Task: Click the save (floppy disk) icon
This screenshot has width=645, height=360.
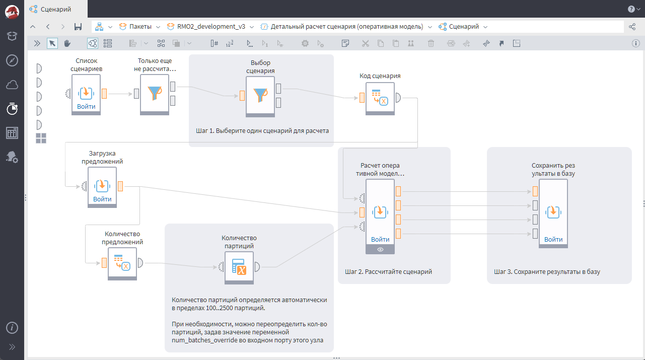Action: point(78,27)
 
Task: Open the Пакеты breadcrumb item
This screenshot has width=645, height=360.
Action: point(140,27)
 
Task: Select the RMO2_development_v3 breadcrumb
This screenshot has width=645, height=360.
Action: point(211,27)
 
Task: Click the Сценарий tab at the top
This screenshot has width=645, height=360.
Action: point(55,9)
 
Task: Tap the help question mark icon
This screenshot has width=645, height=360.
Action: point(631,9)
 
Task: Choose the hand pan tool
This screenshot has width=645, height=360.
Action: point(67,43)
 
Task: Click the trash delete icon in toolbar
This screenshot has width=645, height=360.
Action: point(431,43)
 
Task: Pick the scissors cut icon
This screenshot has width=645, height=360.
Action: point(366,43)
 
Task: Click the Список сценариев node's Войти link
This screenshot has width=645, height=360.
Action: point(86,107)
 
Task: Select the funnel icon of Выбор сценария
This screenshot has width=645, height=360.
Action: point(260,95)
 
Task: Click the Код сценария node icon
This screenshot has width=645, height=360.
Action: point(380,97)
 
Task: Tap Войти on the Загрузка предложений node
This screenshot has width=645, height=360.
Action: point(102,199)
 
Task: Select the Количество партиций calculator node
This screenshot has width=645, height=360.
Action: point(239,267)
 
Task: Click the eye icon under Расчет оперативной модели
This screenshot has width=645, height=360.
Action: point(380,249)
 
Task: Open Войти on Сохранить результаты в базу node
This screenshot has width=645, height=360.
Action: point(553,240)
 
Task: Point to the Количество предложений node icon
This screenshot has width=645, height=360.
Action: point(122,263)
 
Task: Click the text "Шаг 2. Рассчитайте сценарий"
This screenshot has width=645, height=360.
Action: point(388,271)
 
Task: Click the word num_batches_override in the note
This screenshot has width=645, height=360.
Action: point(203,340)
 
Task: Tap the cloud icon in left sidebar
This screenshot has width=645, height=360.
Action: point(12,85)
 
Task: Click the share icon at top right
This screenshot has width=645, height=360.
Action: point(632,27)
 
